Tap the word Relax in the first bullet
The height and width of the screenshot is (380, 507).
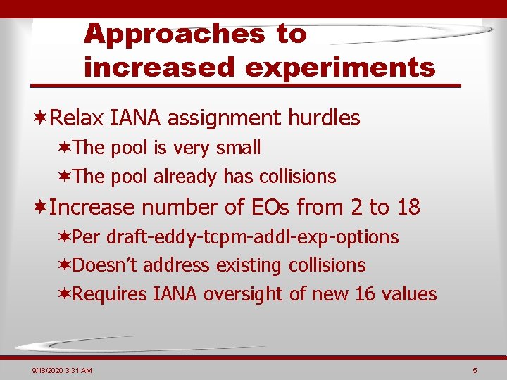[x=77, y=118]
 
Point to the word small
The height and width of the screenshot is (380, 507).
[x=240, y=148]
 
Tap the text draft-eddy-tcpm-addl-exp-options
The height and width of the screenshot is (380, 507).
[x=252, y=237]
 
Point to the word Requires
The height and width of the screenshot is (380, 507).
[x=110, y=293]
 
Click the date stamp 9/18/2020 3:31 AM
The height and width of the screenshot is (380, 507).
[x=61, y=370]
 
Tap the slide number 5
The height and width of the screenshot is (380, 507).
[x=475, y=370]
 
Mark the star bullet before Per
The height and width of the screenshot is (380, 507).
[x=64, y=237]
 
